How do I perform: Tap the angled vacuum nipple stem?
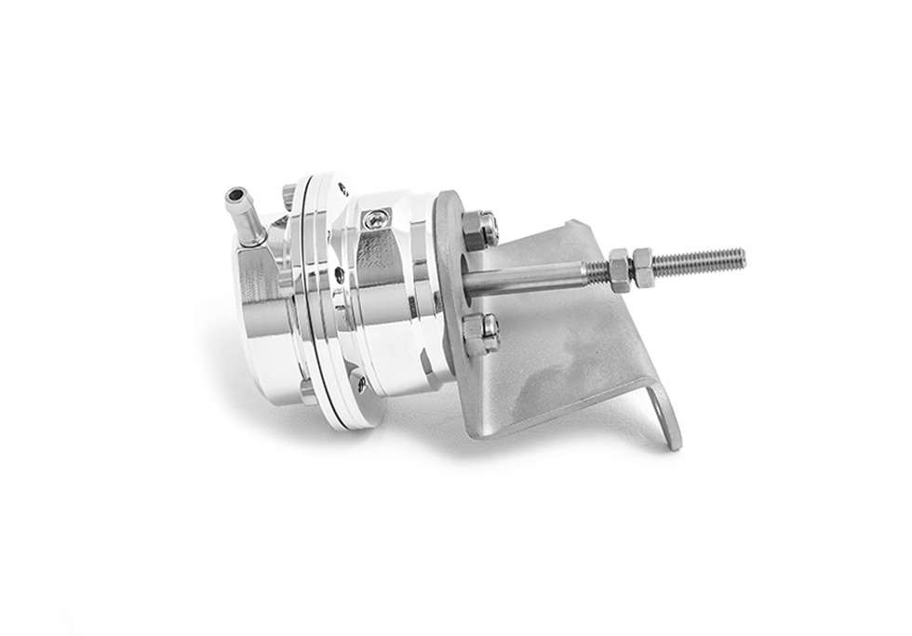(250, 222)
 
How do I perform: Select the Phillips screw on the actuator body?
(374, 219)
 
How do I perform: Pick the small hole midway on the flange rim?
(339, 275)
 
